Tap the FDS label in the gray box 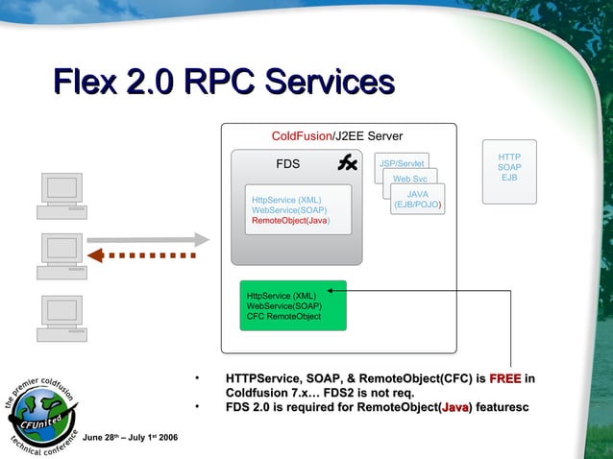[x=287, y=164]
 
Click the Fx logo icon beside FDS [x=347, y=163]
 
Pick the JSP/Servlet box [x=402, y=163]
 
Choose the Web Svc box [x=410, y=179]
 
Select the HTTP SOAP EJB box [x=509, y=168]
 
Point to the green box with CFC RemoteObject [x=292, y=305]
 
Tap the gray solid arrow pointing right [x=149, y=239]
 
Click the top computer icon [x=62, y=196]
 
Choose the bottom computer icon [x=62, y=318]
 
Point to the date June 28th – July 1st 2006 [x=129, y=439]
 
